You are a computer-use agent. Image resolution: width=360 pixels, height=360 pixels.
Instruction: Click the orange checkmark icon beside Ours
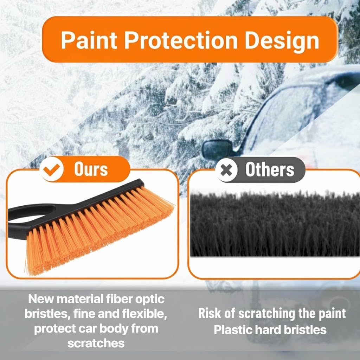(52, 170)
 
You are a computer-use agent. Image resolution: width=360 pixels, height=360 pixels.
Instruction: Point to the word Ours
(91, 169)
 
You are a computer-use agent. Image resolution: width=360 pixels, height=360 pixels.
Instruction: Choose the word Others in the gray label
(270, 170)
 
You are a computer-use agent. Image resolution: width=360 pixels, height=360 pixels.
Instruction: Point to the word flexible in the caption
(142, 314)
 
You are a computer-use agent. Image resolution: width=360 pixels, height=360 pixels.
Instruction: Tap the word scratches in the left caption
(96, 343)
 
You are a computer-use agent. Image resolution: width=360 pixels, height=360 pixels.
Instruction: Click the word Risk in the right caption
(210, 314)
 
